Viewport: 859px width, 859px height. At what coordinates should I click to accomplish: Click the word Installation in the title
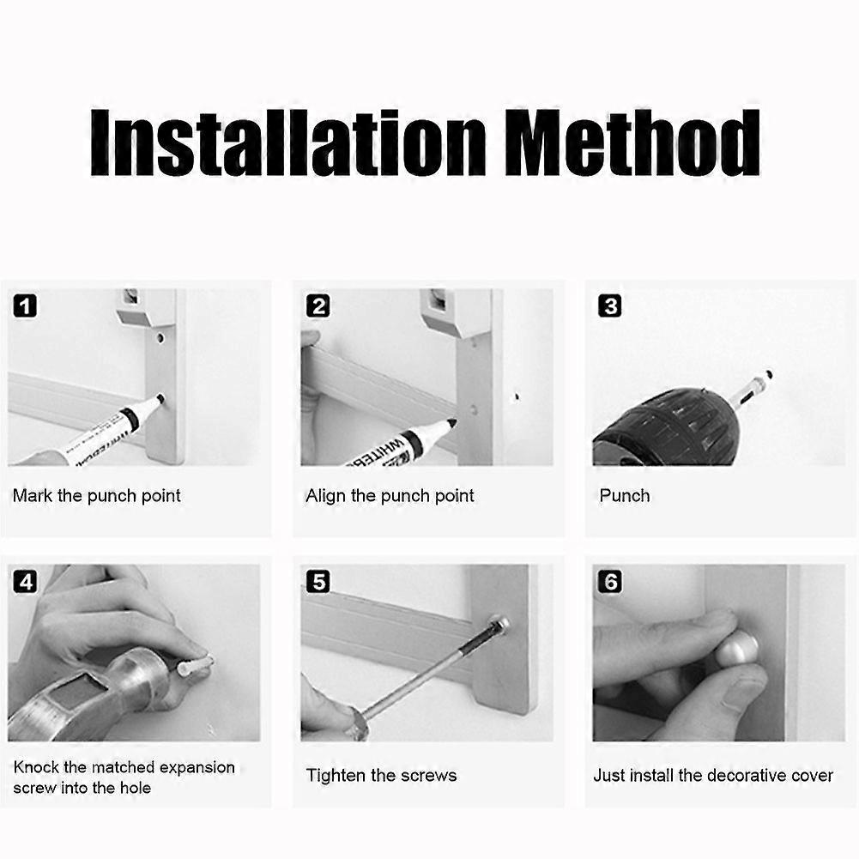point(288,142)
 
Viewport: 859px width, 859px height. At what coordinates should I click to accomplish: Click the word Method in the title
point(632,142)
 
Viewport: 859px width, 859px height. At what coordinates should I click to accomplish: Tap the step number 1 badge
point(25,305)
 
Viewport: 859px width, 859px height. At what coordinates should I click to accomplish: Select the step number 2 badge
point(318,305)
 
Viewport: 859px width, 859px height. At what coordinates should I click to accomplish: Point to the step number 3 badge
point(610,305)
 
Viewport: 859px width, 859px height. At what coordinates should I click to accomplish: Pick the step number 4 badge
point(25,581)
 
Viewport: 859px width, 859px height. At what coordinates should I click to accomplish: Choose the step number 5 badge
point(318,581)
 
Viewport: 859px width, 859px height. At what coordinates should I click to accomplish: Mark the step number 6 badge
point(610,581)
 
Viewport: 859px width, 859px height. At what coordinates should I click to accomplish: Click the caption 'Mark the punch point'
point(96,496)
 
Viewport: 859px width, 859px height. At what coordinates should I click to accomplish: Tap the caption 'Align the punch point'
point(390,496)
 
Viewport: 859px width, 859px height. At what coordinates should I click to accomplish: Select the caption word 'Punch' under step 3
point(625,496)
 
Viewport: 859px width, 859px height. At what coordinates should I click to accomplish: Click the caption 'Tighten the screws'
point(381,775)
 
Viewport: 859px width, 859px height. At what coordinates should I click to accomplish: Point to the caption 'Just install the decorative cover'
point(713,775)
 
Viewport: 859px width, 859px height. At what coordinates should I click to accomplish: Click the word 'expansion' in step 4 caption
point(197,767)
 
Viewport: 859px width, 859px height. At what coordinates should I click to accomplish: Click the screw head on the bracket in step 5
point(500,625)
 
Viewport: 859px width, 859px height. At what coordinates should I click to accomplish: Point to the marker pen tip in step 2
point(451,423)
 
